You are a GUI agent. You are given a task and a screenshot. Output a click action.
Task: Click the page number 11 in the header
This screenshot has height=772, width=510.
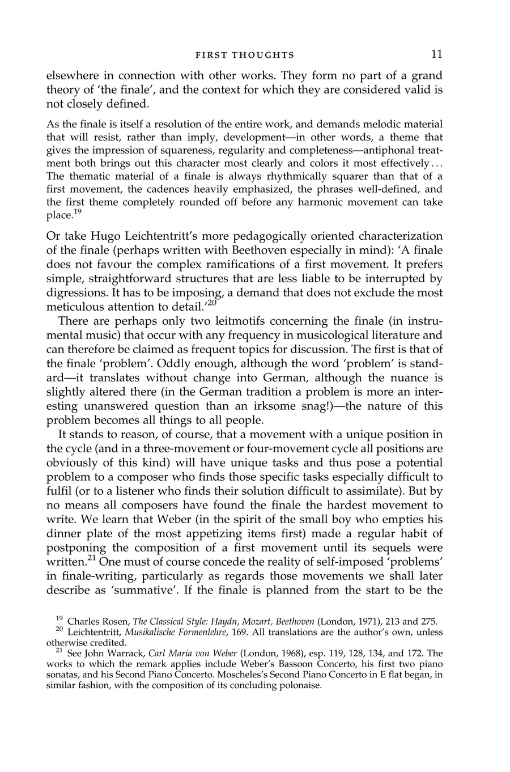pos(436,54)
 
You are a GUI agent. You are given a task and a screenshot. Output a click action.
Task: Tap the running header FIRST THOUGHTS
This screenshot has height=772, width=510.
pos(245,56)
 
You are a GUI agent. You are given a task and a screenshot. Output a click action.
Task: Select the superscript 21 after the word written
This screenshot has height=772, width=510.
pos(93,558)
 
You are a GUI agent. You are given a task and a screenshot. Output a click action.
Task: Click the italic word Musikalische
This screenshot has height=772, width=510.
pos(155,632)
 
